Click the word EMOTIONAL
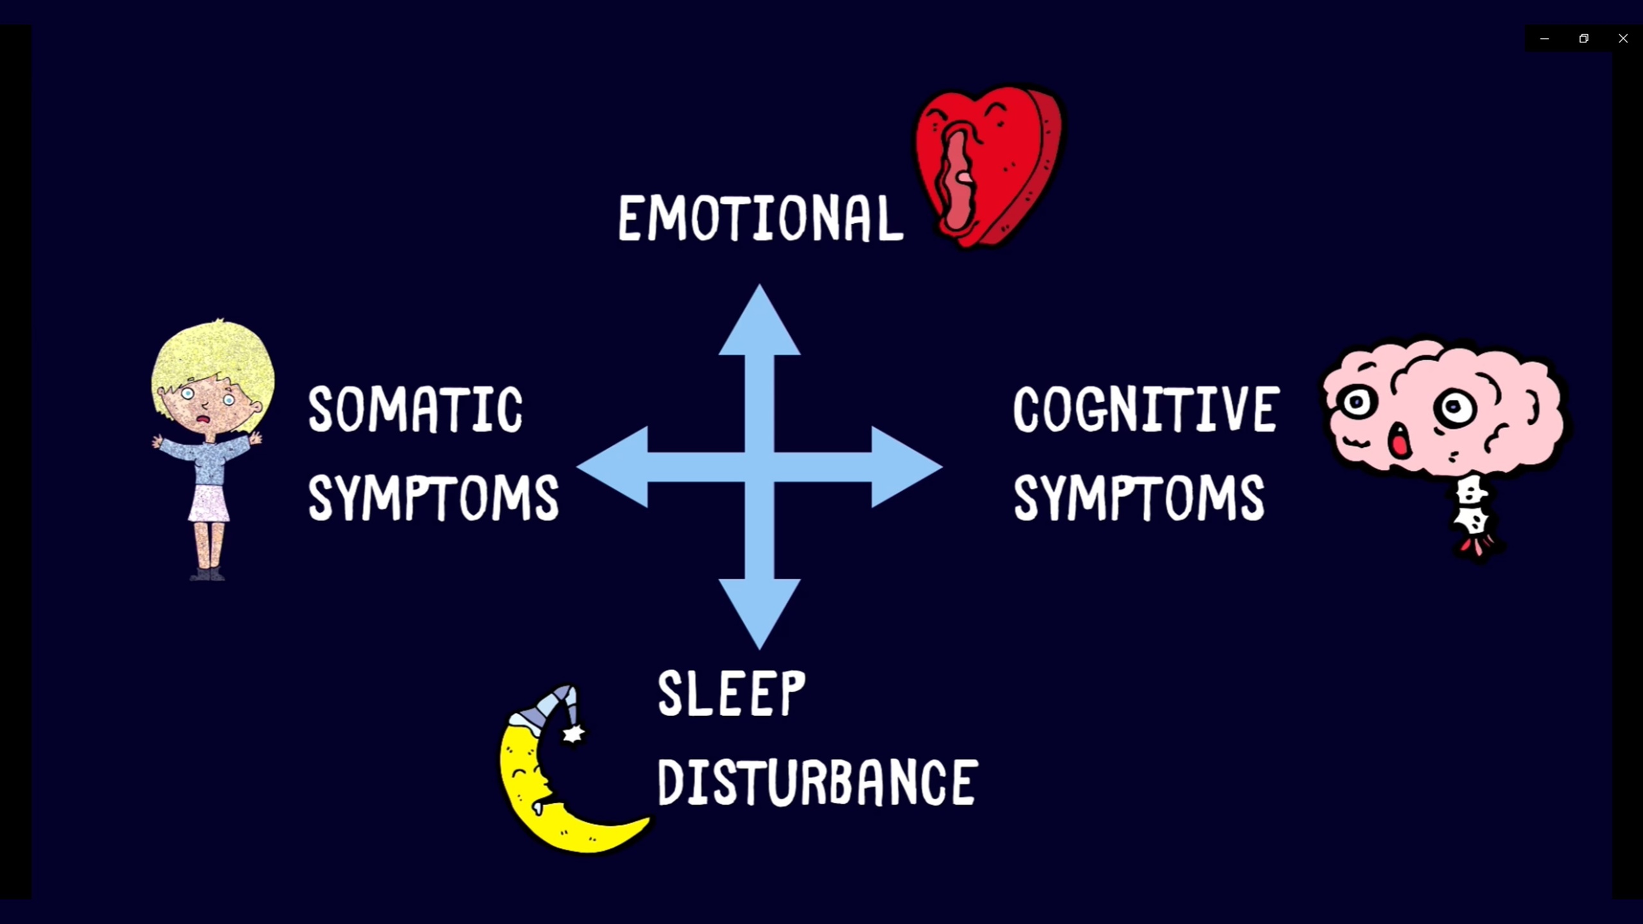click(760, 219)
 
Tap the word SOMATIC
click(415, 409)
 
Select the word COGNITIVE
click(1146, 409)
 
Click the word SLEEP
click(731, 694)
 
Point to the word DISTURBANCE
click(817, 782)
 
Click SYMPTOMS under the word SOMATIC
click(433, 498)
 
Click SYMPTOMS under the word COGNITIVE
click(1139, 498)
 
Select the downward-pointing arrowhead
click(759, 610)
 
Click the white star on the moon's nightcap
click(573, 733)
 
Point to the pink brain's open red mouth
click(1399, 443)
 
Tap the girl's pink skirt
click(209, 504)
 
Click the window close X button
click(1623, 38)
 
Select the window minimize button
click(1545, 38)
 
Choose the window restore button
click(1584, 38)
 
